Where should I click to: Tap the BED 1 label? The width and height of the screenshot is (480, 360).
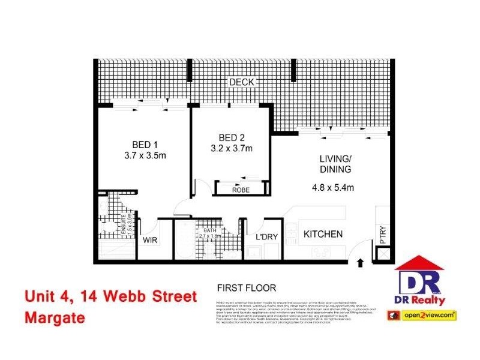point(145,144)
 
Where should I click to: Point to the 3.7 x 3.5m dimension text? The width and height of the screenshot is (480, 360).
point(145,155)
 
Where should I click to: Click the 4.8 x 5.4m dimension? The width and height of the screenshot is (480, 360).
point(334,187)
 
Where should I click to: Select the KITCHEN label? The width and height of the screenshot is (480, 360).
point(322,233)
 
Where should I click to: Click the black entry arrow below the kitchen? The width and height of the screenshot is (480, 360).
point(360,262)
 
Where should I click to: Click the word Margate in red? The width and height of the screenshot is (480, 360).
point(55,318)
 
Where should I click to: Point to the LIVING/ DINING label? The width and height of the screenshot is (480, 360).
point(335,164)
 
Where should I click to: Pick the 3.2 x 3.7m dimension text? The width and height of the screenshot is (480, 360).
point(231,149)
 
